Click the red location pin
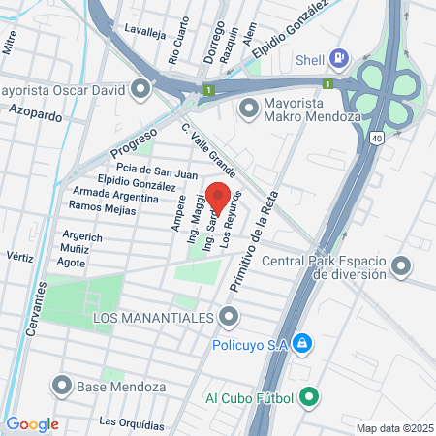218,196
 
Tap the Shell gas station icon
338,58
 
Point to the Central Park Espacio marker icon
403,265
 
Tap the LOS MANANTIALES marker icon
229,317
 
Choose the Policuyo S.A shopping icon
302,343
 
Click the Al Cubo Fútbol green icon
309,395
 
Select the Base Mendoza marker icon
63,386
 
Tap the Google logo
32,424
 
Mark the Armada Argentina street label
115,195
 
